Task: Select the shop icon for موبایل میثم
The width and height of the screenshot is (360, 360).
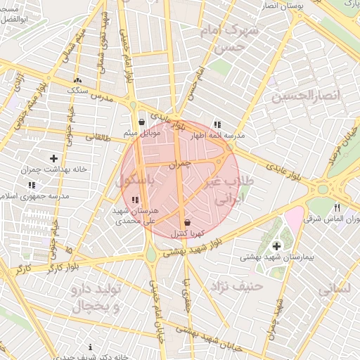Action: [142, 122]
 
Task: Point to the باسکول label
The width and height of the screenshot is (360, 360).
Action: [134, 181]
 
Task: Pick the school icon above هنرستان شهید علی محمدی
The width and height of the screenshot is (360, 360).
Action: [135, 200]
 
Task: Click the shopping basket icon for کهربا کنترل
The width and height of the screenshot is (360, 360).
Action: [186, 222]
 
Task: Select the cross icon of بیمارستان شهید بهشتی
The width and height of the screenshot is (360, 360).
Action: [276, 245]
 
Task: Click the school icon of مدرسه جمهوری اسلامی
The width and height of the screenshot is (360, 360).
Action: [31, 186]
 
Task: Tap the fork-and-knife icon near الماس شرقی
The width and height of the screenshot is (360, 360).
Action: [337, 207]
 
